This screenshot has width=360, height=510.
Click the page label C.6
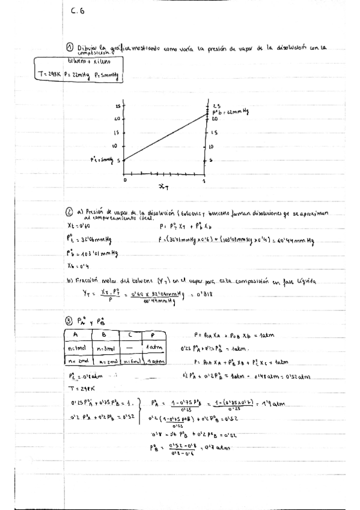tap(78, 11)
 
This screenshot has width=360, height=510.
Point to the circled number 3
tap(70, 321)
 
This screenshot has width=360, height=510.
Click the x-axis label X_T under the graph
tap(163, 187)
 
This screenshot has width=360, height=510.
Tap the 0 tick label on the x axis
tap(125, 179)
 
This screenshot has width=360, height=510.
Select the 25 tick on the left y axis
tap(118, 105)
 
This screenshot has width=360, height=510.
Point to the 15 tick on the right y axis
tap(215, 132)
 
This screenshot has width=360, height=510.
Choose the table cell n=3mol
tap(112, 348)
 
